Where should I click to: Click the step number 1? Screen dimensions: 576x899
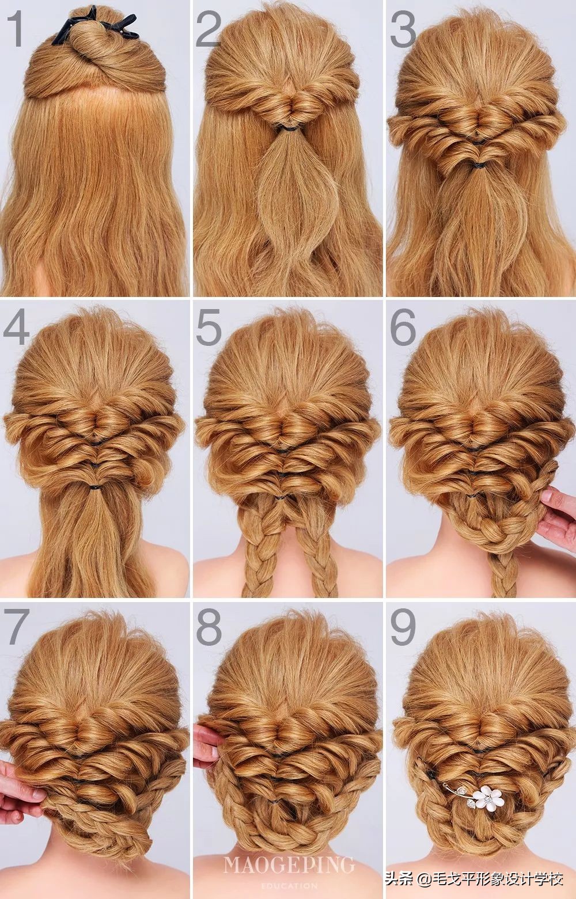(15, 29)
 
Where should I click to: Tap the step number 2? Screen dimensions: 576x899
(208, 29)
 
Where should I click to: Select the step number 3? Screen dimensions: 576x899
(403, 29)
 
